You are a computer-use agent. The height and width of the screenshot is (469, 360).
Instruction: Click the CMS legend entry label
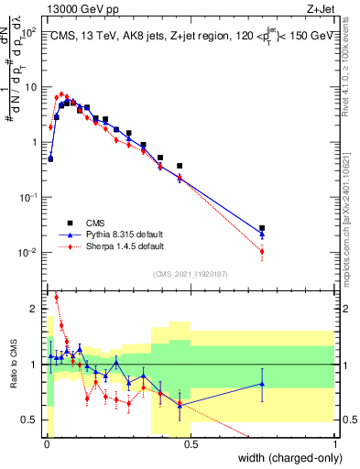click(93, 223)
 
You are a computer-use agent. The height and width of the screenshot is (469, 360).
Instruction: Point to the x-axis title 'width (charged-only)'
click(285, 459)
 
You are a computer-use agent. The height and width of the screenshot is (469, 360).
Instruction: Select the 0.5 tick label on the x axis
click(191, 445)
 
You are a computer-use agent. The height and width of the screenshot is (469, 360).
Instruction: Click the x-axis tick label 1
click(335, 445)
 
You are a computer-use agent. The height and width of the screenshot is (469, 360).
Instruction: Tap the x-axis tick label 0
click(48, 445)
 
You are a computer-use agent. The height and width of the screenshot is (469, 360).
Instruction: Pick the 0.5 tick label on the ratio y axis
click(30, 420)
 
